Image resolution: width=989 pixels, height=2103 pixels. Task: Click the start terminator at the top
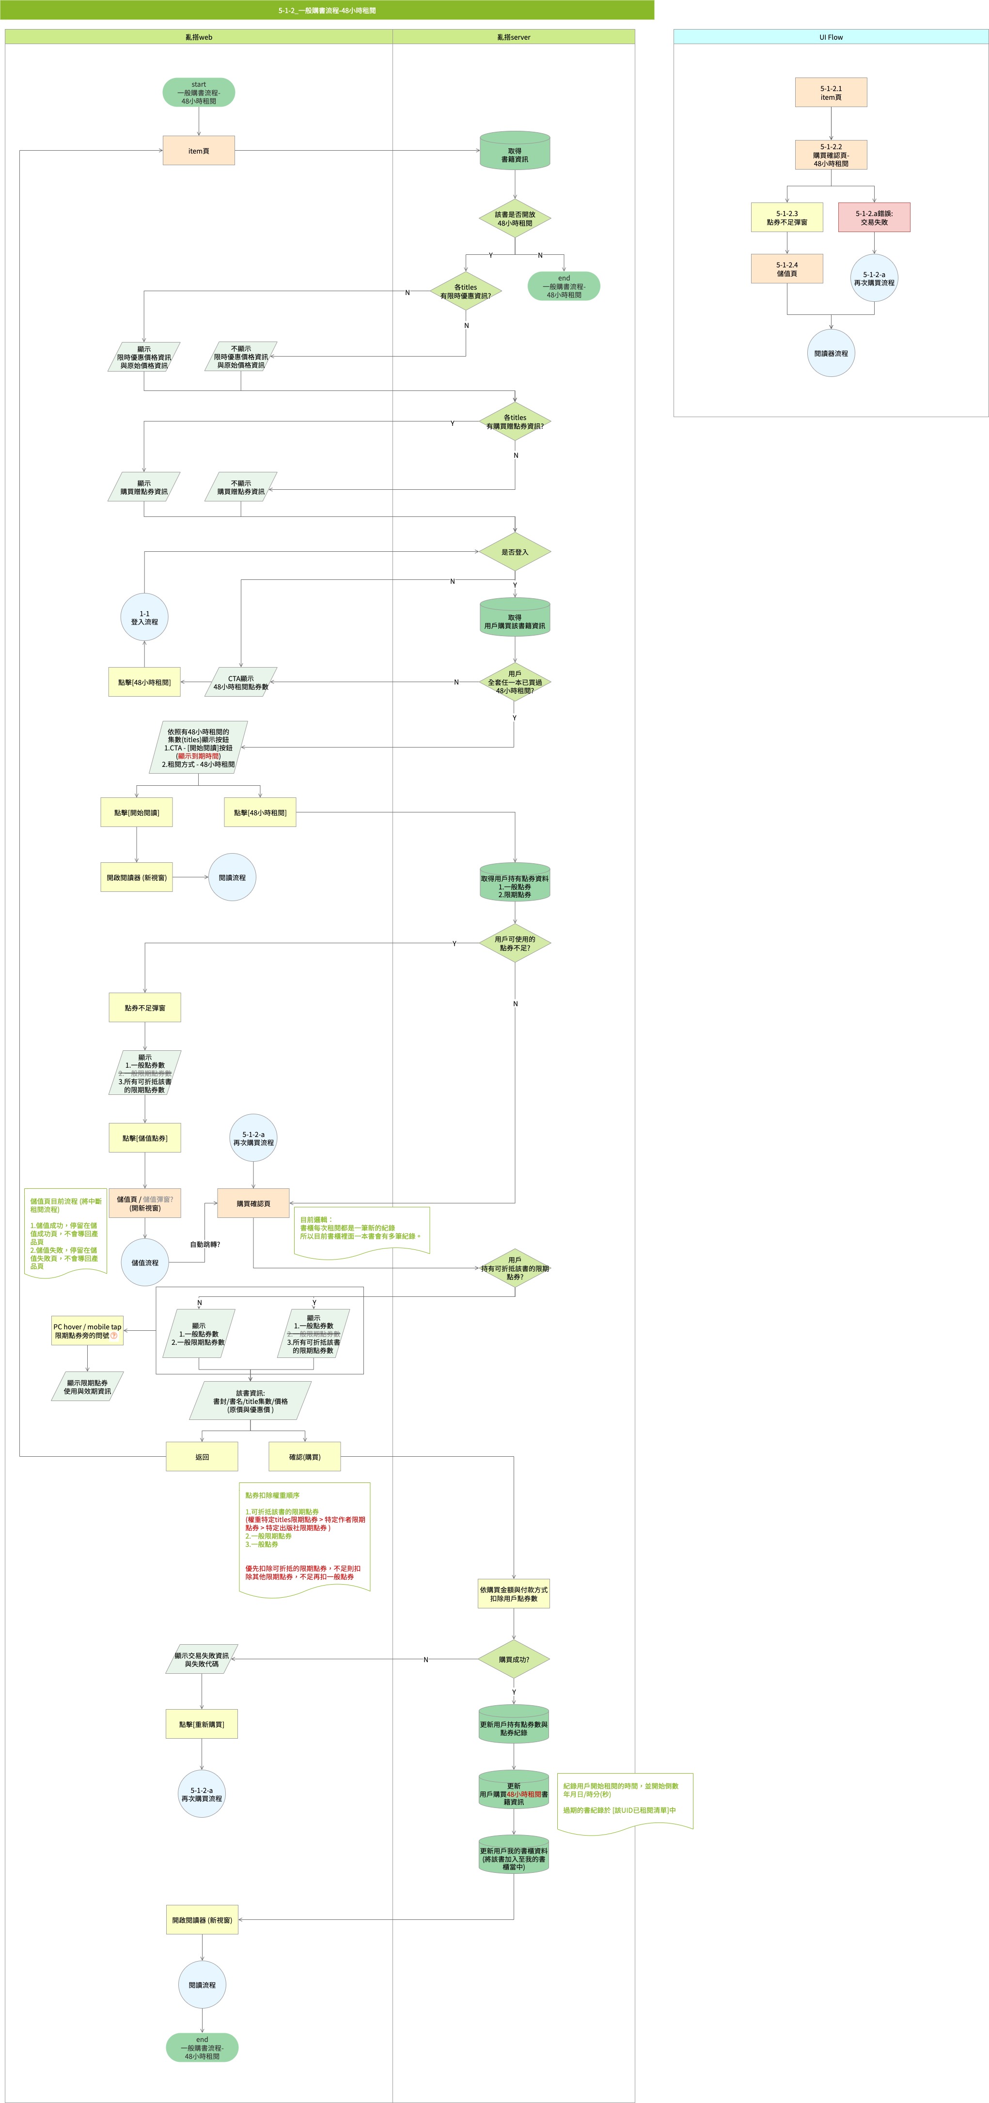199,92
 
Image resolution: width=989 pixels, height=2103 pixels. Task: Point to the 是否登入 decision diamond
515,552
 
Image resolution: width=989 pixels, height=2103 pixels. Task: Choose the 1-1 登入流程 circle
144,617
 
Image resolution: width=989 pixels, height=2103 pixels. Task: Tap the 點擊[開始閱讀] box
136,812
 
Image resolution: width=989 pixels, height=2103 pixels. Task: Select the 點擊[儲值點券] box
144,1138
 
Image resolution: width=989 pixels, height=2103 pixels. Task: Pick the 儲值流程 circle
144,1262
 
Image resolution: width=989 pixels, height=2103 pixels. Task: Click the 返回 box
202,1456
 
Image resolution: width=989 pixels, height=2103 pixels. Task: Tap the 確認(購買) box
305,1456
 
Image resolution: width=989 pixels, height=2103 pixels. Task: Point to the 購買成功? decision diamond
514,1659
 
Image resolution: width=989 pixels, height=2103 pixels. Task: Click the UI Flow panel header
831,37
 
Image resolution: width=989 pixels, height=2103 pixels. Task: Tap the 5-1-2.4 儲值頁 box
786,268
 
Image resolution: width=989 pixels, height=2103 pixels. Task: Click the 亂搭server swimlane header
514,37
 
